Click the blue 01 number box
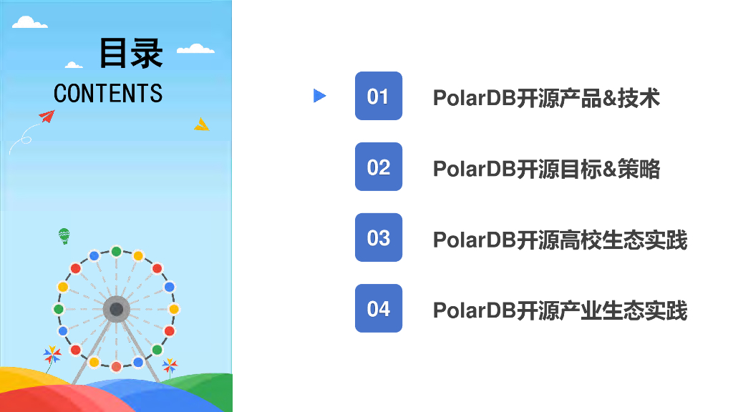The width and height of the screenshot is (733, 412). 378,96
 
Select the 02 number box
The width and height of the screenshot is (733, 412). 378,167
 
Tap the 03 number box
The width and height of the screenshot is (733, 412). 378,237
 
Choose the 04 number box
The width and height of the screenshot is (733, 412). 378,308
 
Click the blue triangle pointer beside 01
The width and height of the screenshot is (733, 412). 319,96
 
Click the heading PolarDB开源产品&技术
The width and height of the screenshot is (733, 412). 546,98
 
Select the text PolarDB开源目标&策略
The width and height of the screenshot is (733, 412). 546,169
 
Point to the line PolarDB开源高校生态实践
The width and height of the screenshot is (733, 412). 560,240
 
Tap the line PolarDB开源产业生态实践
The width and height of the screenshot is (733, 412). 560,310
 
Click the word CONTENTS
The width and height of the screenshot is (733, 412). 108,93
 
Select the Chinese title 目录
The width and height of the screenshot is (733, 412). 131,53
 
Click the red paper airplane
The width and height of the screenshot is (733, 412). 47,116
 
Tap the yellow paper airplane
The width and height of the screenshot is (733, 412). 202,124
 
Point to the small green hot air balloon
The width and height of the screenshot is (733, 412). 64,235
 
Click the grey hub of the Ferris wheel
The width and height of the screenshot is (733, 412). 116,309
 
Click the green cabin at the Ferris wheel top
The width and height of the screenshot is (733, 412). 116,251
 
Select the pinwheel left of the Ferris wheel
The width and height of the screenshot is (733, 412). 52,355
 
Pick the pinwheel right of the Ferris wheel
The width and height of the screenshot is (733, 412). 170,366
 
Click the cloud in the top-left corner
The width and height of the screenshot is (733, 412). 29,23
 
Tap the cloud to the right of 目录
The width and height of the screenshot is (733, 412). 195,49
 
